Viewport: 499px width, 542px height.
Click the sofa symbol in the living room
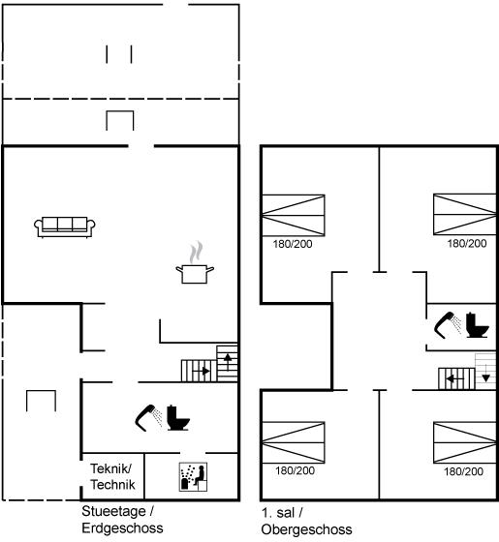click(x=65, y=227)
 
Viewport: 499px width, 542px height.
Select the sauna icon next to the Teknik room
click(x=193, y=477)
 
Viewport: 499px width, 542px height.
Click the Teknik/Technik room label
click(x=112, y=476)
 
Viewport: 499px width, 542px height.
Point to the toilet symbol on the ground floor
click(x=178, y=417)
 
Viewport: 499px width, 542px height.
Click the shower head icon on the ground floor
click(x=148, y=417)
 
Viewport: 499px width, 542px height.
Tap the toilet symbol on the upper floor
click(x=477, y=325)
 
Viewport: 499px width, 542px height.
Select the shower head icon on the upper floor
click(x=448, y=325)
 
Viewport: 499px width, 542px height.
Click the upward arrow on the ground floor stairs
click(x=228, y=362)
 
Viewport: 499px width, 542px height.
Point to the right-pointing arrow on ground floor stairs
click(x=202, y=372)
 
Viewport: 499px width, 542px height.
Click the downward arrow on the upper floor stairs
click(x=485, y=374)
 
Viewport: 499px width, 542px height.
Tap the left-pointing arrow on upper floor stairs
click(x=454, y=379)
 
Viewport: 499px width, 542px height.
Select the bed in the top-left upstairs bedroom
click(x=293, y=215)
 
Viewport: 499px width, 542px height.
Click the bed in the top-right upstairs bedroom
click(x=465, y=214)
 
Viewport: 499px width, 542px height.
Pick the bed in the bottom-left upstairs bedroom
click(x=293, y=442)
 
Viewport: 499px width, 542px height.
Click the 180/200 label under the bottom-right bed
click(x=463, y=471)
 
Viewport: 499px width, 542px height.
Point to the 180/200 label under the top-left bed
click(x=293, y=244)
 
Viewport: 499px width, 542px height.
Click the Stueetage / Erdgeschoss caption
click(x=122, y=520)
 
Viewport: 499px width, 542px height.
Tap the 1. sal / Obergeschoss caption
click(x=306, y=521)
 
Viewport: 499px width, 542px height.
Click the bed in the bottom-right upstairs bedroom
click(x=465, y=442)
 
